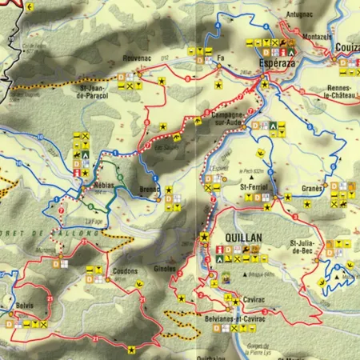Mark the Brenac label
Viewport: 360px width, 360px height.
coord(150,190)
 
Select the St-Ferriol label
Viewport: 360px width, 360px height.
coord(251,186)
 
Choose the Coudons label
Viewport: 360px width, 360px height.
coord(124,271)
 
